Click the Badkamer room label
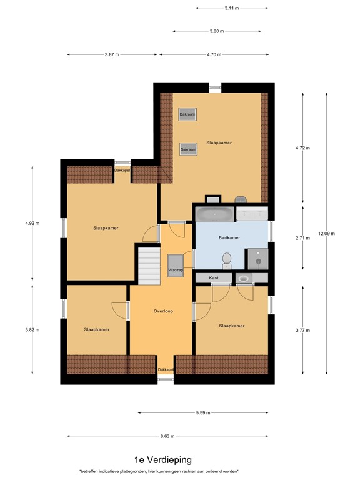click(229, 237)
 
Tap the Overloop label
click(162, 311)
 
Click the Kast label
click(214, 277)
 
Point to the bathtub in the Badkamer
click(215, 214)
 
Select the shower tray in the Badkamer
click(257, 258)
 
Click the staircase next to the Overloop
click(150, 263)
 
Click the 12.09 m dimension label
click(326, 234)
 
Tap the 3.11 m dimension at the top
click(232, 7)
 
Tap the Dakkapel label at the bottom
click(166, 370)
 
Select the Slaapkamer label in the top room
click(219, 142)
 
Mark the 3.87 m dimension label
click(112, 54)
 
